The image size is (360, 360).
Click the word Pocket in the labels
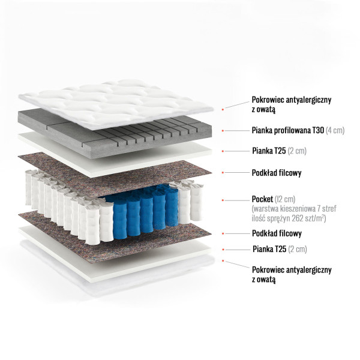262,199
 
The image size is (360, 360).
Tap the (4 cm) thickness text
335,130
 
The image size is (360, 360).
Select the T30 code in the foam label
317,130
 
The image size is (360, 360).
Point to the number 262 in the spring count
298,218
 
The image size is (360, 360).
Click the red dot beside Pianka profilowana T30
223,131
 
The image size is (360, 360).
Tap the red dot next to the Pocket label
223,200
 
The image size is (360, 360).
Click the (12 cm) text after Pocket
285,199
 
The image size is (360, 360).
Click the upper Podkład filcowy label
277,173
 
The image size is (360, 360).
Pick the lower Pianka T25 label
280,249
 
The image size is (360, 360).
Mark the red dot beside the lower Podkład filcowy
223,234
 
